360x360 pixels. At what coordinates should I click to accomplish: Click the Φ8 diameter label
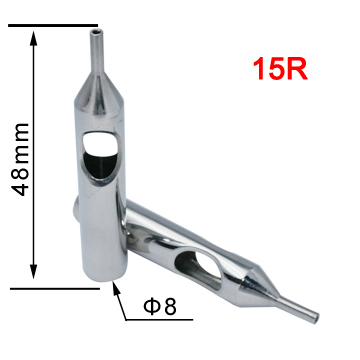pos(157,306)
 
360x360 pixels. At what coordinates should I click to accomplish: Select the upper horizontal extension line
pos(55,26)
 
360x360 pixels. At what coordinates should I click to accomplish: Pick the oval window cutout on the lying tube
pos(199,262)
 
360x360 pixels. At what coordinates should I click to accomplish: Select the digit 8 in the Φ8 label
pos(169,306)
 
